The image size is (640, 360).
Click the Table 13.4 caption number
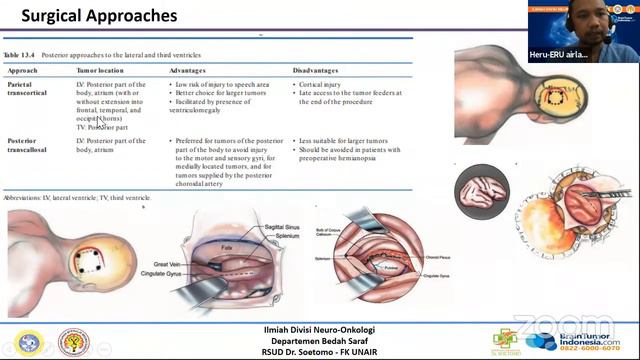[x=24, y=56]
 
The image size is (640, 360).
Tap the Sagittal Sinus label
[x=271, y=228]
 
